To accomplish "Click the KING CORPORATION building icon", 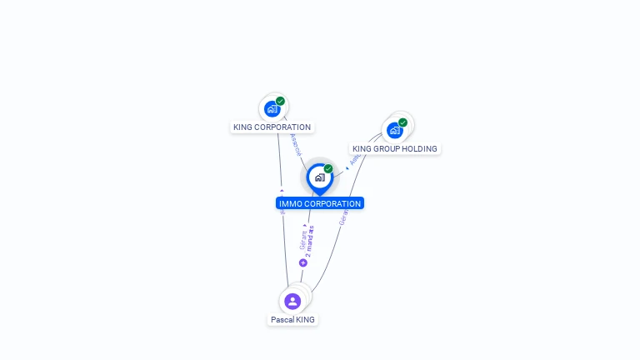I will pyautogui.click(x=272, y=109).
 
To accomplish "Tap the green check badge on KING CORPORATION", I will pyautogui.click(x=280, y=101).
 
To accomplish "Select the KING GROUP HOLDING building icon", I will pyautogui.click(x=395, y=131).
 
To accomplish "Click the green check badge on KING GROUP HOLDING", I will pyautogui.click(x=402, y=122).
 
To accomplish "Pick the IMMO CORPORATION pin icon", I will pyautogui.click(x=319, y=177).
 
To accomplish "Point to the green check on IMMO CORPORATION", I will pyautogui.click(x=328, y=168).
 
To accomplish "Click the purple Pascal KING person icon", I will pyautogui.click(x=292, y=301).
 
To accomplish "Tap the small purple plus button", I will pyautogui.click(x=302, y=262).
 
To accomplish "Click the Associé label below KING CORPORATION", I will pyautogui.click(x=295, y=144).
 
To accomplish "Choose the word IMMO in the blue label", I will pyautogui.click(x=290, y=203).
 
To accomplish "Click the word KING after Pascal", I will pyautogui.click(x=306, y=320).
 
